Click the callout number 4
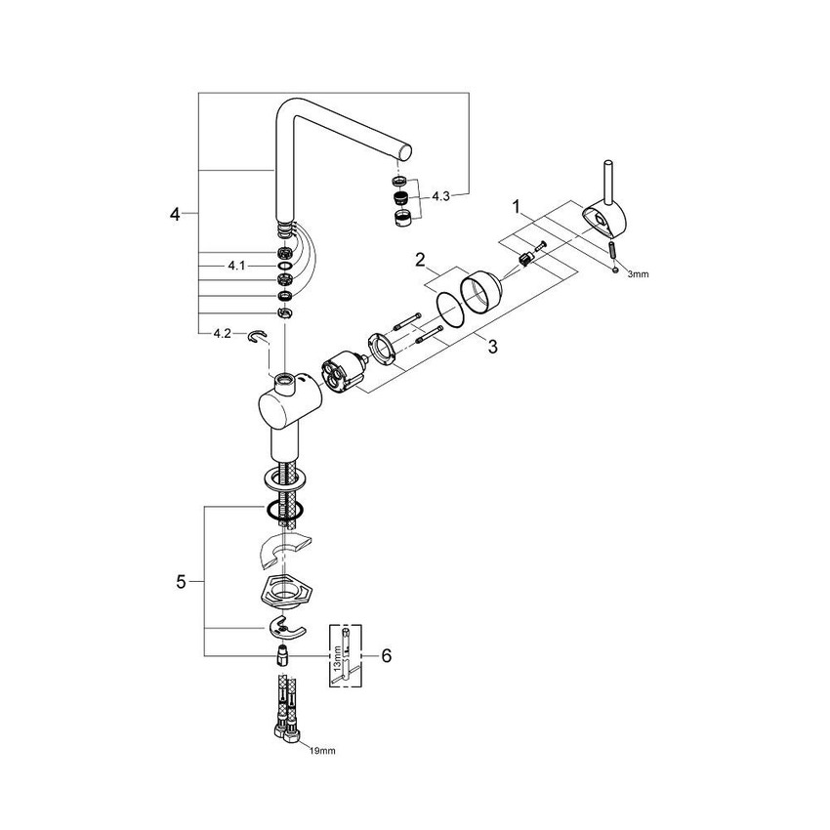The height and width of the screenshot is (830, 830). pyautogui.click(x=177, y=212)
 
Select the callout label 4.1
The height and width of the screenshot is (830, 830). pyautogui.click(x=236, y=265)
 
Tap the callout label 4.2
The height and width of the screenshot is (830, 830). pyautogui.click(x=222, y=334)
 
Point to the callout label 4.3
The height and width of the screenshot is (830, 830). pyautogui.click(x=440, y=196)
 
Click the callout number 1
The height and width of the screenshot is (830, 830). pyautogui.click(x=518, y=208)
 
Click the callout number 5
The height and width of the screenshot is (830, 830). pyautogui.click(x=181, y=582)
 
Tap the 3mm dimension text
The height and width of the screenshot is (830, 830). pyautogui.click(x=638, y=275)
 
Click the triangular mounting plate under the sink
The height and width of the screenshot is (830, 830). pyautogui.click(x=283, y=591)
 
